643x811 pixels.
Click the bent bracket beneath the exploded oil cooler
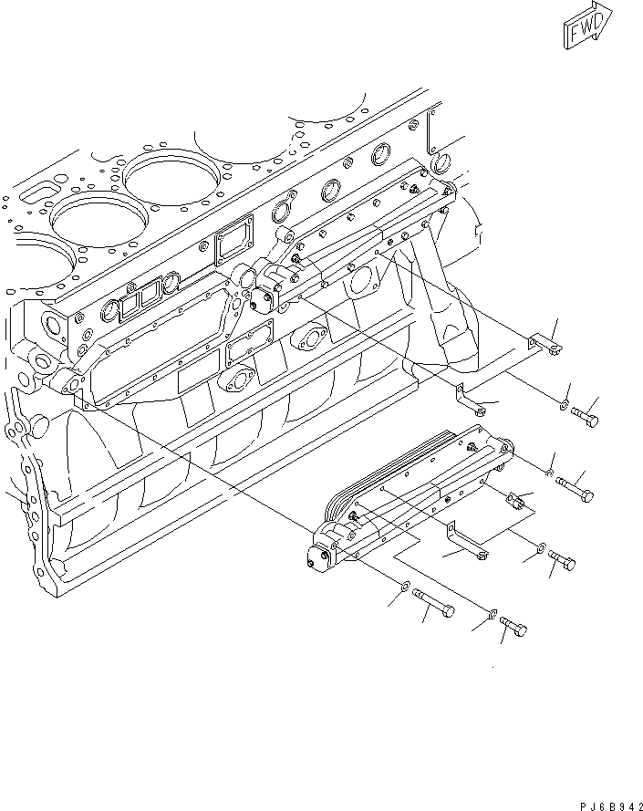tap(468, 544)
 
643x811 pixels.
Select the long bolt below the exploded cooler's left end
tap(437, 605)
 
